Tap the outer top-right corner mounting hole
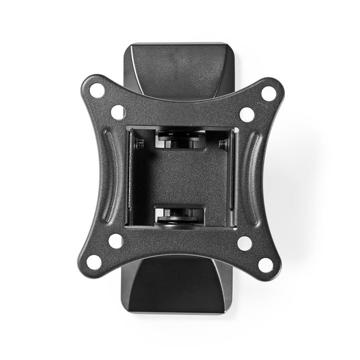[267, 93]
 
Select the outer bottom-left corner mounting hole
[94, 262]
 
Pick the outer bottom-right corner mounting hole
[265, 264]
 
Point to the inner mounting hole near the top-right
[247, 114]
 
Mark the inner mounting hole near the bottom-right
[244, 243]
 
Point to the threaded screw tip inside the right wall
[223, 145]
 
